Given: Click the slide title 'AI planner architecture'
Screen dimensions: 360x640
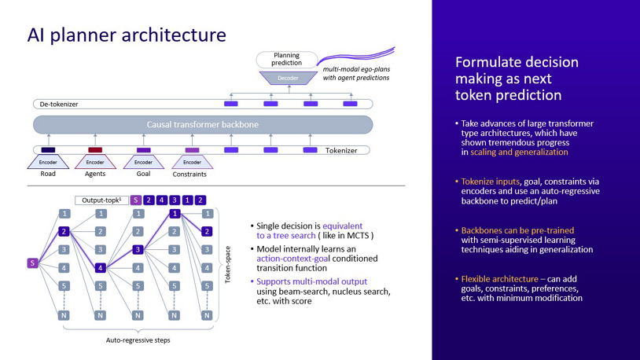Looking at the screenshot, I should tap(127, 35).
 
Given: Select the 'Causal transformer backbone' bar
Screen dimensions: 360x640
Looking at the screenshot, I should tap(202, 124).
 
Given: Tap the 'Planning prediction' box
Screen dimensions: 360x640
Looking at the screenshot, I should tap(286, 59).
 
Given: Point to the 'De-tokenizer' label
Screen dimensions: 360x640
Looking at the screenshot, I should tap(60, 104).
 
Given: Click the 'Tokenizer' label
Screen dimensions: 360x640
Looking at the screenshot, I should tap(341, 150).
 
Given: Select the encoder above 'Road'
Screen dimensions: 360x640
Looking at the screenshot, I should tap(48, 162).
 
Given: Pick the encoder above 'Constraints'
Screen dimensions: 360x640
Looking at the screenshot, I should tap(192, 162).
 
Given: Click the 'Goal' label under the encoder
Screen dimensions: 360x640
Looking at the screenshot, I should tap(143, 174).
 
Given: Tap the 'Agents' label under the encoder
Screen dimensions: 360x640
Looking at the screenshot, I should tap(95, 174).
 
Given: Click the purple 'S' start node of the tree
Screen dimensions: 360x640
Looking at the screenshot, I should tap(32, 263).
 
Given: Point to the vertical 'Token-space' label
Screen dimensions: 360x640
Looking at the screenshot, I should tap(228, 264).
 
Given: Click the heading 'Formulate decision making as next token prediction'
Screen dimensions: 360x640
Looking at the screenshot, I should tap(517, 79).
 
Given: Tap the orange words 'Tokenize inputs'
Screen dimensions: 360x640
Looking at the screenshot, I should tap(490, 182).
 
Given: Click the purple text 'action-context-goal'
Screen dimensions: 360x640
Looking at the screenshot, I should tap(294, 258).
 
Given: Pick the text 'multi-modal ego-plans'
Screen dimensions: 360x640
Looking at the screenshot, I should tap(357, 69).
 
